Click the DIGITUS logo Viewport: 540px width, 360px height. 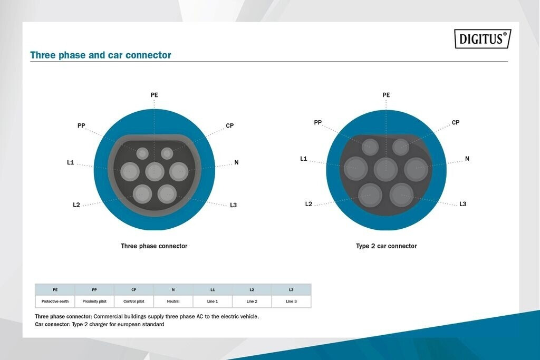tap(483, 38)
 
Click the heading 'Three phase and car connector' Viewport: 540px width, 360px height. tap(101, 55)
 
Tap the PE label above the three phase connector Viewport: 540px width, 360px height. tap(155, 95)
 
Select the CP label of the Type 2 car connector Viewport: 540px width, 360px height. tap(455, 122)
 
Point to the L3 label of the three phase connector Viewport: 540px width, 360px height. tap(233, 205)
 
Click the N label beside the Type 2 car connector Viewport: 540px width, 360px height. tap(467, 158)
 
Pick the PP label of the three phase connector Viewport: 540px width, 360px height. tap(81, 125)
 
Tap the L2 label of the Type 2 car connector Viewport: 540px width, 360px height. tap(308, 204)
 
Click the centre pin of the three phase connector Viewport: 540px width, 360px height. tap(155, 171)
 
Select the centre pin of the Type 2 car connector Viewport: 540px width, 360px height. tap(385, 169)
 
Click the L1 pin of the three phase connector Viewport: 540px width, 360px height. tap(130, 171)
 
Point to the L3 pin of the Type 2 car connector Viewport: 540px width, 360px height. tap(401, 195)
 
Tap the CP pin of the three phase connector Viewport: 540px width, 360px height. tap(167, 153)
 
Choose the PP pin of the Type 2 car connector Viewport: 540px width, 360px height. tap(370, 147)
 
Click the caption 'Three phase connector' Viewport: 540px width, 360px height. tap(154, 246)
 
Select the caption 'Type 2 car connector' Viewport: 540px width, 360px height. tap(387, 246)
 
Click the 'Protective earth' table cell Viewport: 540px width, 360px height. tap(55, 301)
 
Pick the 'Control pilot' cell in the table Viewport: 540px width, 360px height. tap(133, 301)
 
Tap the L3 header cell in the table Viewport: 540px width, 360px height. tap(291, 289)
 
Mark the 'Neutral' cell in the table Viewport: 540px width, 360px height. tap(173, 301)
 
